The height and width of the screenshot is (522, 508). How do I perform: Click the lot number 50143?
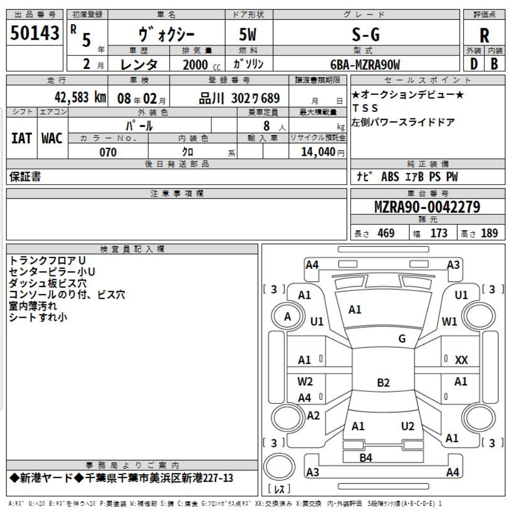point(35,33)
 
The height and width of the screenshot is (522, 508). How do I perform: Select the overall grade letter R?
point(484,35)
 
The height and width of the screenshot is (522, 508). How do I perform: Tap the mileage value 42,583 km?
point(80,97)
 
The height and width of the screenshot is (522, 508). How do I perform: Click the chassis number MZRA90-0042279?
point(427,207)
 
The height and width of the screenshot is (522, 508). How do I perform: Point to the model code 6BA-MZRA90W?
point(365,65)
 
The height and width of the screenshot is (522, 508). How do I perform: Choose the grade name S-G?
point(366,34)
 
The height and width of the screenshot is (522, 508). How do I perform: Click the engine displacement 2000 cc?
point(201,65)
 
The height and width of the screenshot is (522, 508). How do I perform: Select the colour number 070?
point(108,152)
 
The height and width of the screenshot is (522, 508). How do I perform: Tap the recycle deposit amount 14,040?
point(318,152)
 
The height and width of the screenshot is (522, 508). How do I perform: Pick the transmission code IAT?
point(22,138)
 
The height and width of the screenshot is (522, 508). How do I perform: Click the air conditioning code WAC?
point(52,138)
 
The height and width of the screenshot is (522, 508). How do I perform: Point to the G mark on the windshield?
point(402,338)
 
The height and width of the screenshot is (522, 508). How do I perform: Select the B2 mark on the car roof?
point(383,382)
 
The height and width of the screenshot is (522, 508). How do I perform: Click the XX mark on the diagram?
point(462,360)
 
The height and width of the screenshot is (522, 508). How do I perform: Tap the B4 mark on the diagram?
point(366,458)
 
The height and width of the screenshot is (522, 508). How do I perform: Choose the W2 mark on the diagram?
point(305,381)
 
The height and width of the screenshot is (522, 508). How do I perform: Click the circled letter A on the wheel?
point(288,317)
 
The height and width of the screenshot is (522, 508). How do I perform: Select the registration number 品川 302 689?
point(239,98)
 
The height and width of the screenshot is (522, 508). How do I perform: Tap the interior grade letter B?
point(494,64)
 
